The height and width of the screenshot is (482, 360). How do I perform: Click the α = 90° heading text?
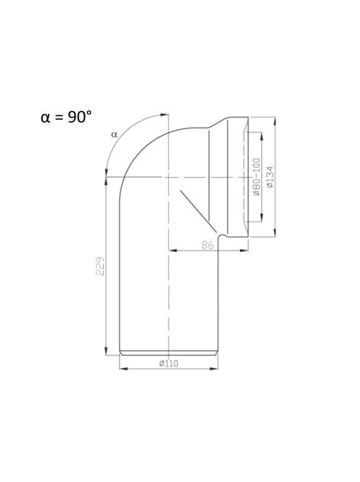coord(66,117)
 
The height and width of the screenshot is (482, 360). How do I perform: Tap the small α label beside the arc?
coord(115,134)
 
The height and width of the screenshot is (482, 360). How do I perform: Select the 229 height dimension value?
coord(100,266)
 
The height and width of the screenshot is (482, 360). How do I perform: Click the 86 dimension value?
coord(208,245)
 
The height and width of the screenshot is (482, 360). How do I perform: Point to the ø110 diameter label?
coord(168,364)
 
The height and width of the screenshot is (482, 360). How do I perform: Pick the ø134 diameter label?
coord(269,176)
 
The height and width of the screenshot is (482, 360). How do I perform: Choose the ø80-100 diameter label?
coord(256,176)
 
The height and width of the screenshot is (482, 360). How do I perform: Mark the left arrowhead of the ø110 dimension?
coord(123,368)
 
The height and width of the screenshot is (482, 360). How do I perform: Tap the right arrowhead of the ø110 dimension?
coord(213,368)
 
